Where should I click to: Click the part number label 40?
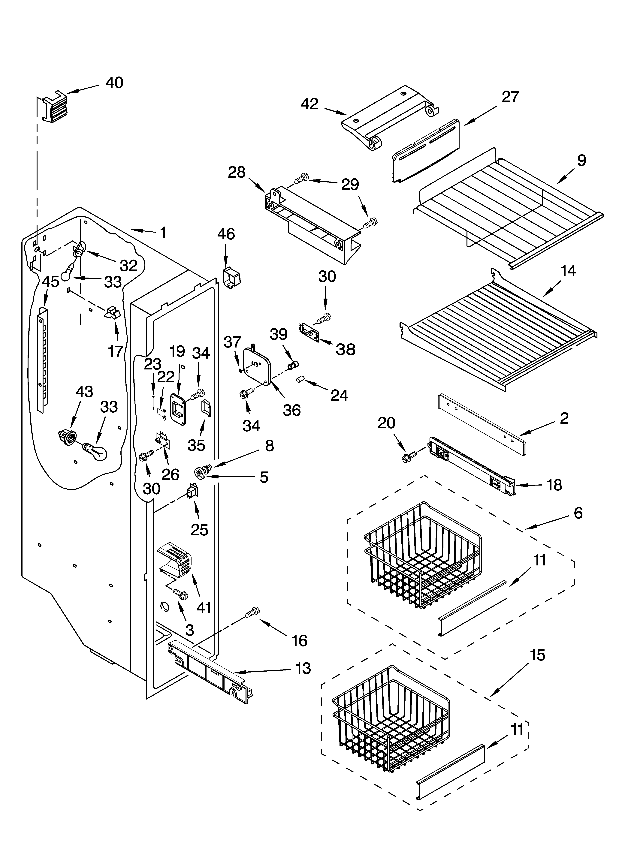(x=114, y=83)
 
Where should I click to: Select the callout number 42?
(x=309, y=104)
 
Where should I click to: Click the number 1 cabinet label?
(x=163, y=232)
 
